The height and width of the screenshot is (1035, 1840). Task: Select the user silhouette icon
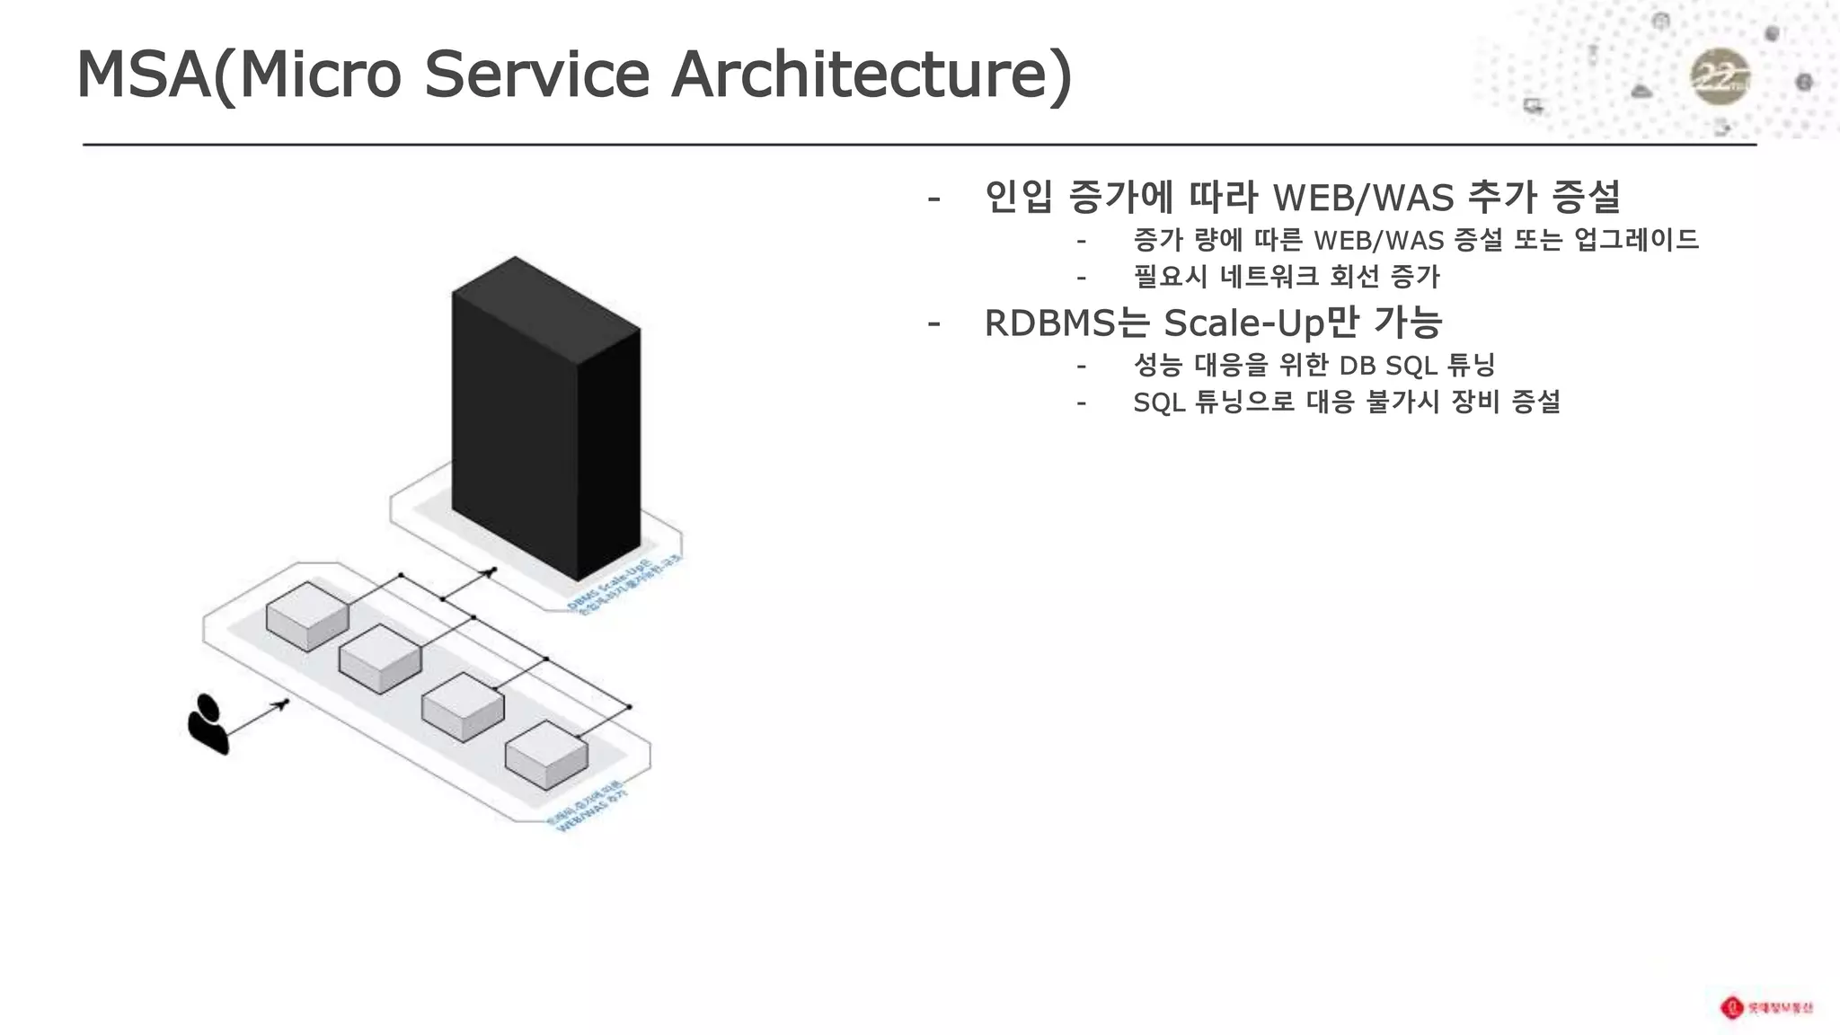click(208, 723)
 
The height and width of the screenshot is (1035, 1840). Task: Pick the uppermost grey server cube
click(307, 615)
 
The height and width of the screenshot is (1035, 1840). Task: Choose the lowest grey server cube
click(547, 755)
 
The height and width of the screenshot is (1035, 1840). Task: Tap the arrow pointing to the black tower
click(469, 584)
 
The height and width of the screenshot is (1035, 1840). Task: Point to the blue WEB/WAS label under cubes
click(588, 809)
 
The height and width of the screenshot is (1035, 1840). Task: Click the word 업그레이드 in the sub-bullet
click(1636, 240)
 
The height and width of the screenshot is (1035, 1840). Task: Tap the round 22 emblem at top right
click(1720, 77)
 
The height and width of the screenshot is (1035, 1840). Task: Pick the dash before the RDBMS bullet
click(934, 323)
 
